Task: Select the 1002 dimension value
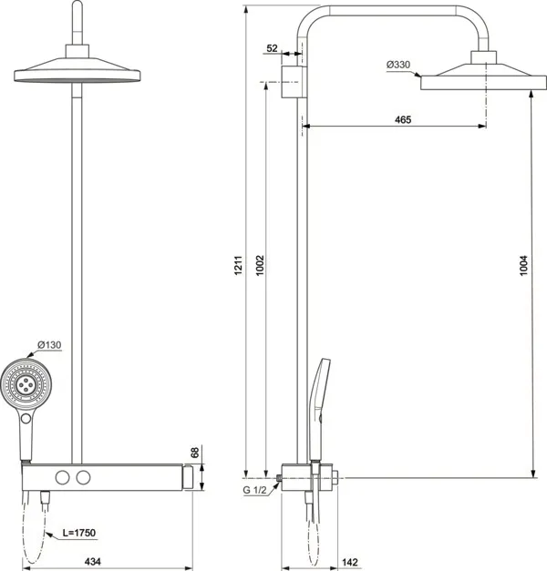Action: [261, 266]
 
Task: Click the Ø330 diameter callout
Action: [399, 64]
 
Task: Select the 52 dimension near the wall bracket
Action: [273, 49]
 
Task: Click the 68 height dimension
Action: [194, 453]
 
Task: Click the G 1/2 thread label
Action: [256, 492]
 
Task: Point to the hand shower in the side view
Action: [320, 401]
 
